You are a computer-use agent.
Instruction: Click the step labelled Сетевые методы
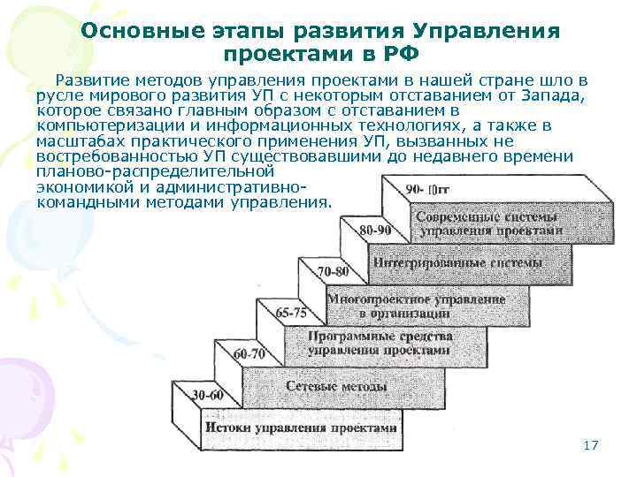[x=338, y=387]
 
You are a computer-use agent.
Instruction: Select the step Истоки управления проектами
[x=301, y=427]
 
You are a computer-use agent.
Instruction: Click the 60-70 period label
[x=249, y=353]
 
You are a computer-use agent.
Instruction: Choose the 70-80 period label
[x=332, y=270]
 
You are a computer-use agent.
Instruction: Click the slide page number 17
[x=591, y=445]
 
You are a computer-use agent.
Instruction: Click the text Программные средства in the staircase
[x=380, y=337]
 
